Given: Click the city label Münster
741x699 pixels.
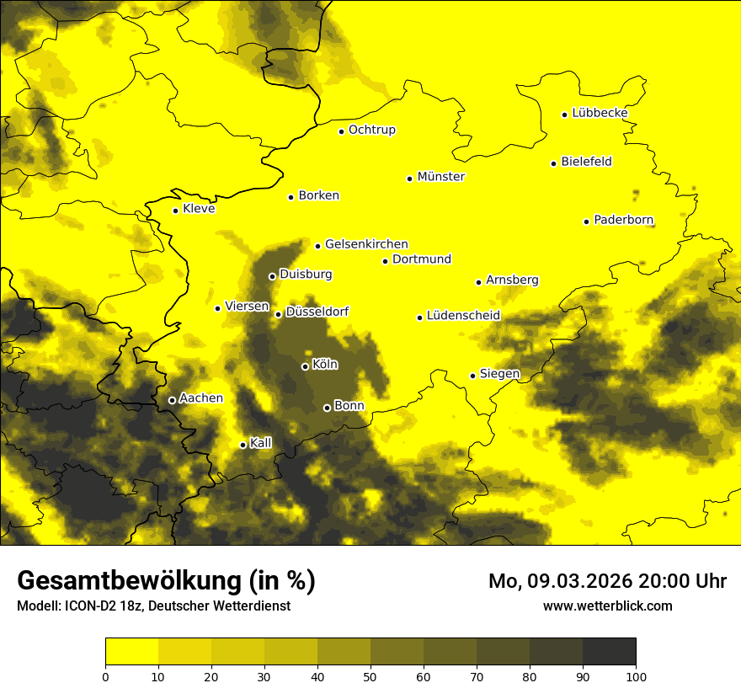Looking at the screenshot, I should click(440, 177).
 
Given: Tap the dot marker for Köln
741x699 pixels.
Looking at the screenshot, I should click(305, 366).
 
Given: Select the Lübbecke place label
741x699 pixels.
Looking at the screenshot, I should click(600, 113).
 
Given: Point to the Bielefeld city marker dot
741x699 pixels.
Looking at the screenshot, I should click(553, 163).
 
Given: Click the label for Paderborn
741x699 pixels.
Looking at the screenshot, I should click(623, 220).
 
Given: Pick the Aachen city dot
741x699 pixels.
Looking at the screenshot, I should click(172, 400).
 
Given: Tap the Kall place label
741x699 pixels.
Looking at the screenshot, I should click(261, 443).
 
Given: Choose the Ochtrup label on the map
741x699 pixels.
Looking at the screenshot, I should click(371, 130).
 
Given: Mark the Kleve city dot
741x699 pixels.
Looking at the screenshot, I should click(175, 211).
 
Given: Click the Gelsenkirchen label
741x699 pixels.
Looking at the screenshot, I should click(366, 244).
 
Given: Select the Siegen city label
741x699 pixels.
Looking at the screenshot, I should click(499, 374).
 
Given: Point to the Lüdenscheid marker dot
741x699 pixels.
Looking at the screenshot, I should click(419, 317).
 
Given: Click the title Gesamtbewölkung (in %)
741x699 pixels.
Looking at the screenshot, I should click(166, 581).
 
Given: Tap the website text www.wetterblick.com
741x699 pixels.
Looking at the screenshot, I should click(607, 606).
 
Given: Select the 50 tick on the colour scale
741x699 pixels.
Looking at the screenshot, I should click(370, 675).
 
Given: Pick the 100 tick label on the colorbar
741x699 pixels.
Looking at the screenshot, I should click(635, 675).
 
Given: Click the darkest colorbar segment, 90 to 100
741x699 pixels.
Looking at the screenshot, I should click(609, 652).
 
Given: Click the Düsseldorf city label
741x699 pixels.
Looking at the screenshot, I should click(317, 312).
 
